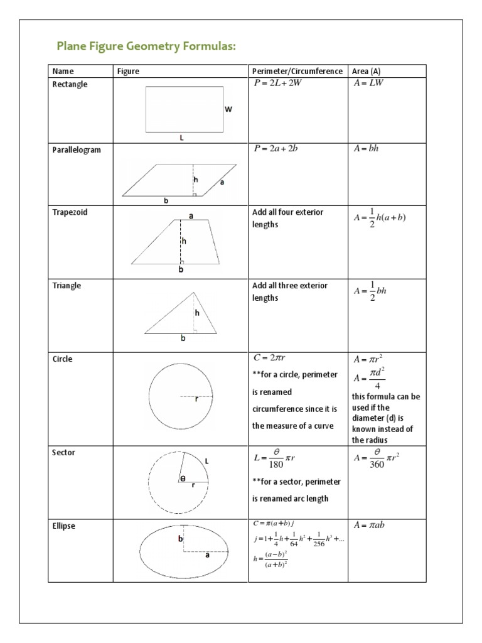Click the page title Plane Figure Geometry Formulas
[x=146, y=46]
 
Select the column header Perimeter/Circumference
[x=297, y=72]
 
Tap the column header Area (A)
[x=366, y=72]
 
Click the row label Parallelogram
[x=76, y=150]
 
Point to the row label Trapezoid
[x=70, y=212]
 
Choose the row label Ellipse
[x=64, y=526]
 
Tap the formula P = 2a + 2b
[x=276, y=149]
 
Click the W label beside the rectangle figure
[x=228, y=109]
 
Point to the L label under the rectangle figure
[x=182, y=138]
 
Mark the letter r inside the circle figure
[x=196, y=399]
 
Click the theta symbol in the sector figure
[x=183, y=478]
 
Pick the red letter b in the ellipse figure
[x=179, y=539]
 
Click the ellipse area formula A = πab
[x=369, y=526]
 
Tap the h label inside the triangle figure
[x=197, y=313]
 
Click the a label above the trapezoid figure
[x=191, y=216]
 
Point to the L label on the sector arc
[x=206, y=462]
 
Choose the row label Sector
[x=65, y=453]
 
